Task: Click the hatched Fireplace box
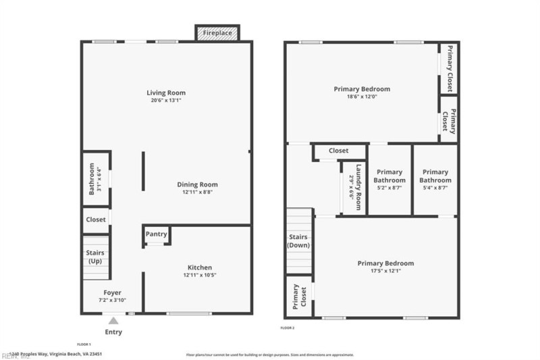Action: click(217, 32)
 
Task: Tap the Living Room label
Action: click(166, 93)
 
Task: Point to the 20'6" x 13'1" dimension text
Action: click(166, 101)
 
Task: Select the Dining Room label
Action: click(197, 184)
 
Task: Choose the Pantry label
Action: click(156, 234)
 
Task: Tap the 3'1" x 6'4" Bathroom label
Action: click(94, 180)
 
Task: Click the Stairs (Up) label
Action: click(94, 257)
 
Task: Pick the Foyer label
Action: click(112, 292)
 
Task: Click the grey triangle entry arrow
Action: click(113, 322)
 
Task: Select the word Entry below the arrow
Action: click(113, 332)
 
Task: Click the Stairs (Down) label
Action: click(298, 241)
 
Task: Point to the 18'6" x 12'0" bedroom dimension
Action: click(361, 97)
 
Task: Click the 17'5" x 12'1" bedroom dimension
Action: click(385, 272)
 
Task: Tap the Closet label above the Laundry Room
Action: click(338, 151)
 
